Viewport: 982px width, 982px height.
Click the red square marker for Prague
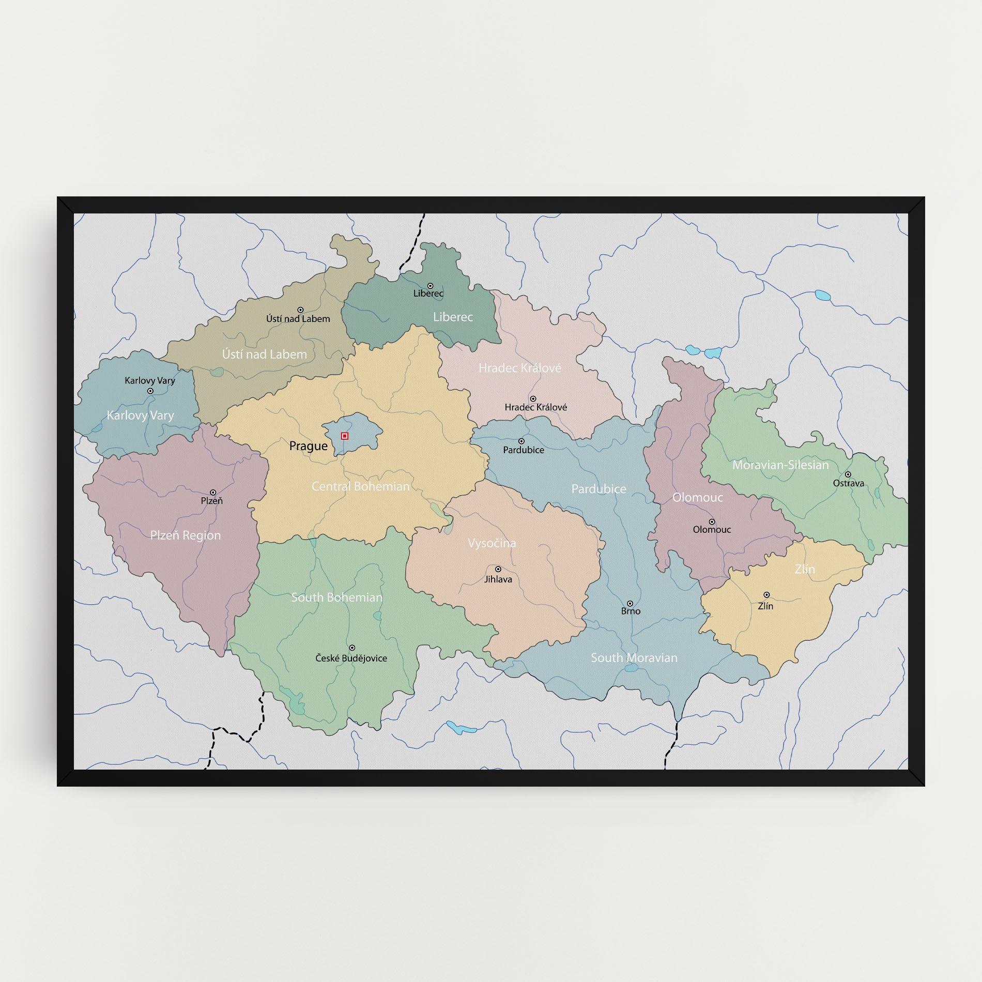coord(345,436)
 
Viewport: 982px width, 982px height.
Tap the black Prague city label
coord(308,446)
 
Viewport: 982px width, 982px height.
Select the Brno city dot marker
coord(630,603)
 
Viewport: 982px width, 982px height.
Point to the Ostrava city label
coord(848,483)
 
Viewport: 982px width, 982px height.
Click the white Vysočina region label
coord(492,543)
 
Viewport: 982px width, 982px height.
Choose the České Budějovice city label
coord(351,658)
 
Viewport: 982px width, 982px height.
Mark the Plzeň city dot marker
coord(212,493)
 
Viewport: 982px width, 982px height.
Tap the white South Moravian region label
coord(634,658)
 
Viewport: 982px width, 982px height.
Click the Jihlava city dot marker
coord(498,569)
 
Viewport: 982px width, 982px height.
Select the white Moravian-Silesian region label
coord(780,465)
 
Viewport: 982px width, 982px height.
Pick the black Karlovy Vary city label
coord(150,380)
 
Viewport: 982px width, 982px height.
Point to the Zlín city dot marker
coord(766,595)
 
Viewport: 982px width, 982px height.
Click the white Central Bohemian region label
coord(360,486)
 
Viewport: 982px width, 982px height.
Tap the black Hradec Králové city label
coord(535,407)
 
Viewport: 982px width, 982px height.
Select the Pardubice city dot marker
coord(521,441)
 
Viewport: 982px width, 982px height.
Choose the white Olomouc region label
coord(697,498)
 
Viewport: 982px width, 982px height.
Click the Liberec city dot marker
coord(430,286)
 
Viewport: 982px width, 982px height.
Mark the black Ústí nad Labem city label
coord(298,319)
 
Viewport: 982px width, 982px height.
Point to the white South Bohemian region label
coord(336,597)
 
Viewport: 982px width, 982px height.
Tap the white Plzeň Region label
coord(185,535)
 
